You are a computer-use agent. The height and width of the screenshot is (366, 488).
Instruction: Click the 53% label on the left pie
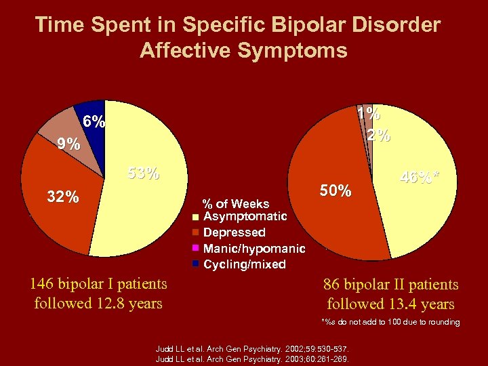[x=144, y=174]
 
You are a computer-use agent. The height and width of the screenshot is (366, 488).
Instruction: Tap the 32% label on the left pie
[x=62, y=197]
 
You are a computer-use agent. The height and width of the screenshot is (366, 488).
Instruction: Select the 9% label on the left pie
[x=68, y=144]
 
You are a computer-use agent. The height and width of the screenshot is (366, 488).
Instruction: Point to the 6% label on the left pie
[x=94, y=122]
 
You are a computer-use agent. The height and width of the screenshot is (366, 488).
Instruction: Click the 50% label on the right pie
[x=335, y=191]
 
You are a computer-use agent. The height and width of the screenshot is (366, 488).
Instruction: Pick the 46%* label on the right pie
[x=420, y=179]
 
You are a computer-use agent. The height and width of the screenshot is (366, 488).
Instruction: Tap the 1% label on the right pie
[x=369, y=113]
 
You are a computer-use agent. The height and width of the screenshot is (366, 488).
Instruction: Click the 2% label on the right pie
[x=378, y=135]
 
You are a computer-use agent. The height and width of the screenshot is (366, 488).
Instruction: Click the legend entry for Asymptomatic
[x=245, y=216]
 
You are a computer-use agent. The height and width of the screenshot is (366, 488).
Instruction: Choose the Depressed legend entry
[x=234, y=232]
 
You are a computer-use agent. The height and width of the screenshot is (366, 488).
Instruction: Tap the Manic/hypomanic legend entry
[x=253, y=248]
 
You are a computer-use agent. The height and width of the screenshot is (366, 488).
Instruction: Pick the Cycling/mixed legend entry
[x=244, y=264]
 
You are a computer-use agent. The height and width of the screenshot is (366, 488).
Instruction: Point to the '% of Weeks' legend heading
[x=236, y=203]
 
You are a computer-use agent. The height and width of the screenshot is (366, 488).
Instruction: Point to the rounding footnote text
[x=391, y=322]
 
